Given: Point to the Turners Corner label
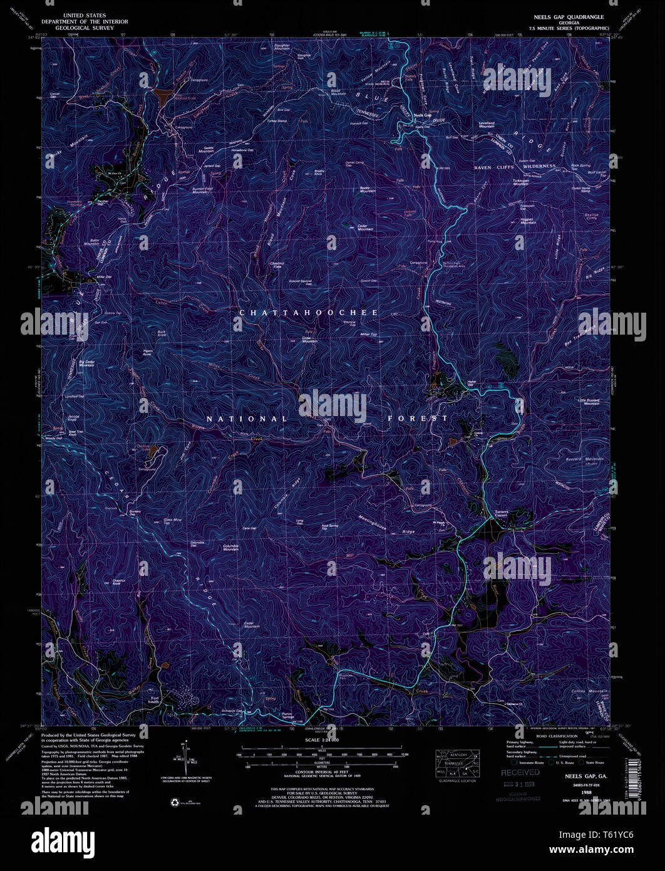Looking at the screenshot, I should click(502, 513).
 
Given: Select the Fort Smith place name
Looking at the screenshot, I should click(153, 701).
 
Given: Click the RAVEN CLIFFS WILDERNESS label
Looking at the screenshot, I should click(514, 167).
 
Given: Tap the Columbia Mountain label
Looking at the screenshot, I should click(231, 547).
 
